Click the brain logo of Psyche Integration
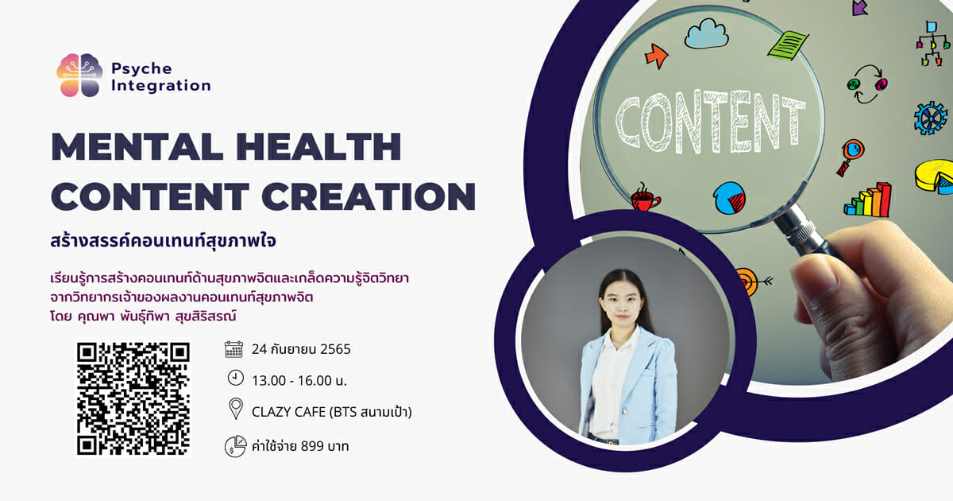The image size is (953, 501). (x=79, y=75)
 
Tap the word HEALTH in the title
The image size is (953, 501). (x=318, y=147)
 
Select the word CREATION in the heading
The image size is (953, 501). (x=368, y=196)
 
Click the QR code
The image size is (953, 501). (x=133, y=398)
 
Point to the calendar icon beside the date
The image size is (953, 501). (x=233, y=349)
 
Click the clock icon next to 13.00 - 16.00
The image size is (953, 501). (x=235, y=378)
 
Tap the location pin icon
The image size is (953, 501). (x=236, y=409)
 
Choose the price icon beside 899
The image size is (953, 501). (x=235, y=446)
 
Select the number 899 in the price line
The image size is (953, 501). (x=312, y=446)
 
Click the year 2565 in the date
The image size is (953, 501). (x=335, y=349)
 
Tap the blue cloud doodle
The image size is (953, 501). (x=706, y=33)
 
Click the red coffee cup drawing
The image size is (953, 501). (x=645, y=198)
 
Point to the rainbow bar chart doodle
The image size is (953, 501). (x=868, y=200)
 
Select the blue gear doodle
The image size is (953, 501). (x=931, y=118)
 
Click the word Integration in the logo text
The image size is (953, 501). (x=160, y=86)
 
